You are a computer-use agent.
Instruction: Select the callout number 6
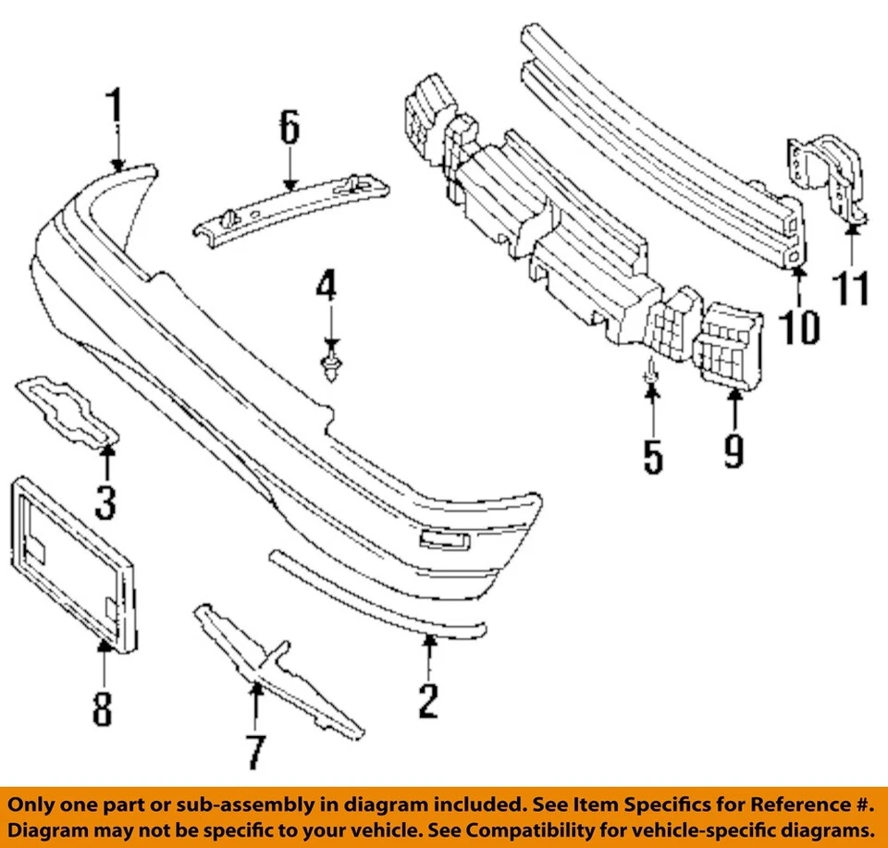pos(290,129)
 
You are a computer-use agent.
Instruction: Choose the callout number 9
pos(734,450)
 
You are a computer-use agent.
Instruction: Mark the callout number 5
pos(653,455)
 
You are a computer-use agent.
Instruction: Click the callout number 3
pos(105,501)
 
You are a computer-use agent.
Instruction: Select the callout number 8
pos(102,707)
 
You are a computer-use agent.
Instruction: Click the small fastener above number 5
pos(651,370)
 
